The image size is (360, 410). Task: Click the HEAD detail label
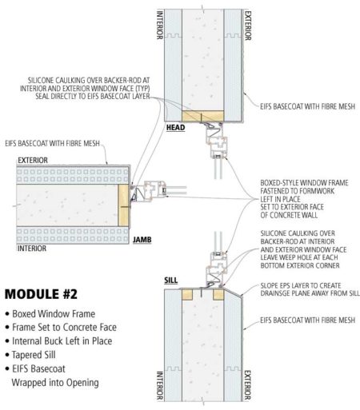pos(175,126)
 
